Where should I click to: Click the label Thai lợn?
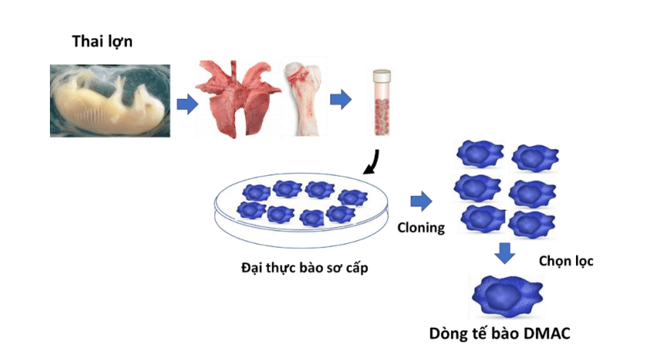point(102,41)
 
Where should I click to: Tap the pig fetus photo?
point(109,100)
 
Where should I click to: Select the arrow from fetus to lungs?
point(187,104)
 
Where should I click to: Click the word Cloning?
point(421,228)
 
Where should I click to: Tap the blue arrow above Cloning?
point(420,203)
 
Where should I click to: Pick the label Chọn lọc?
point(567,261)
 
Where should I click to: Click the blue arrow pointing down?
point(504,253)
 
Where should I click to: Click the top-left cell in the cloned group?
point(479,154)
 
